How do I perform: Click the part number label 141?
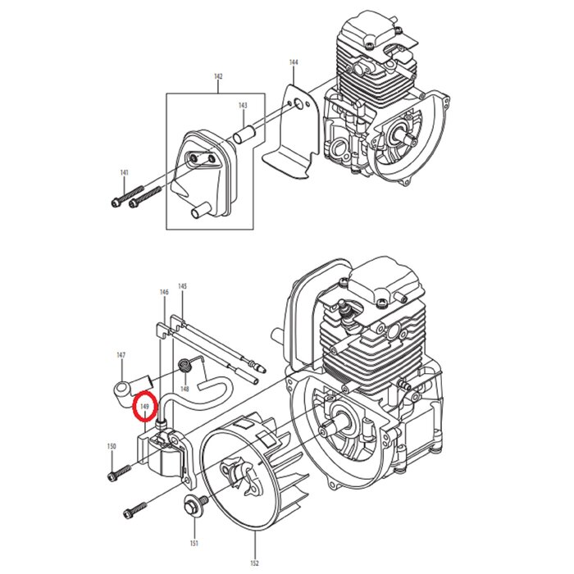pos(124,173)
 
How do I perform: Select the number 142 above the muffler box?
pos(218,76)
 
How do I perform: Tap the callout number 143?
pos(243,106)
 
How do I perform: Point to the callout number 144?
pos(294,62)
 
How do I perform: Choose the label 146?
pos(164,292)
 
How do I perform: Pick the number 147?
pos(121,355)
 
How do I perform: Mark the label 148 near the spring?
pos(185,388)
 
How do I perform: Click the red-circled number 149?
pos(145,406)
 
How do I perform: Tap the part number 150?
pos(112,446)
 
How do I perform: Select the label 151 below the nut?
pos(194,543)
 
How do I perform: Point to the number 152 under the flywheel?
pos(255,562)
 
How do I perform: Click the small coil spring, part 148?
pos(186,364)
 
